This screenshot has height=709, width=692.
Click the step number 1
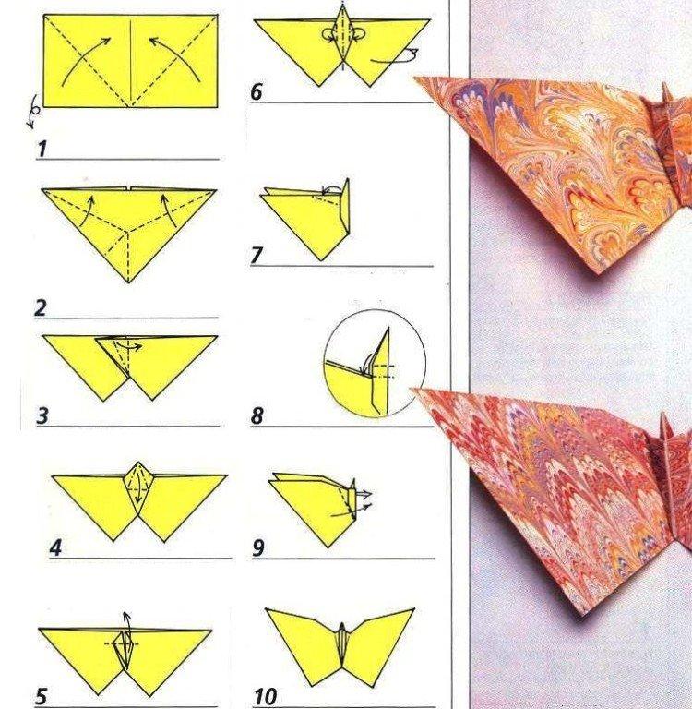[42, 149]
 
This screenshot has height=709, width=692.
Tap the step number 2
[41, 308]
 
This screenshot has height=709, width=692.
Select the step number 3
[42, 415]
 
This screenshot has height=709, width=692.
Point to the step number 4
[55, 547]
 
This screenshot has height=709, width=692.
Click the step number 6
[257, 92]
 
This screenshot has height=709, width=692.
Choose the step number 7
[257, 256]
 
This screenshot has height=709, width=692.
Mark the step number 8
[257, 416]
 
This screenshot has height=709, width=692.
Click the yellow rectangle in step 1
[130, 60]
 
